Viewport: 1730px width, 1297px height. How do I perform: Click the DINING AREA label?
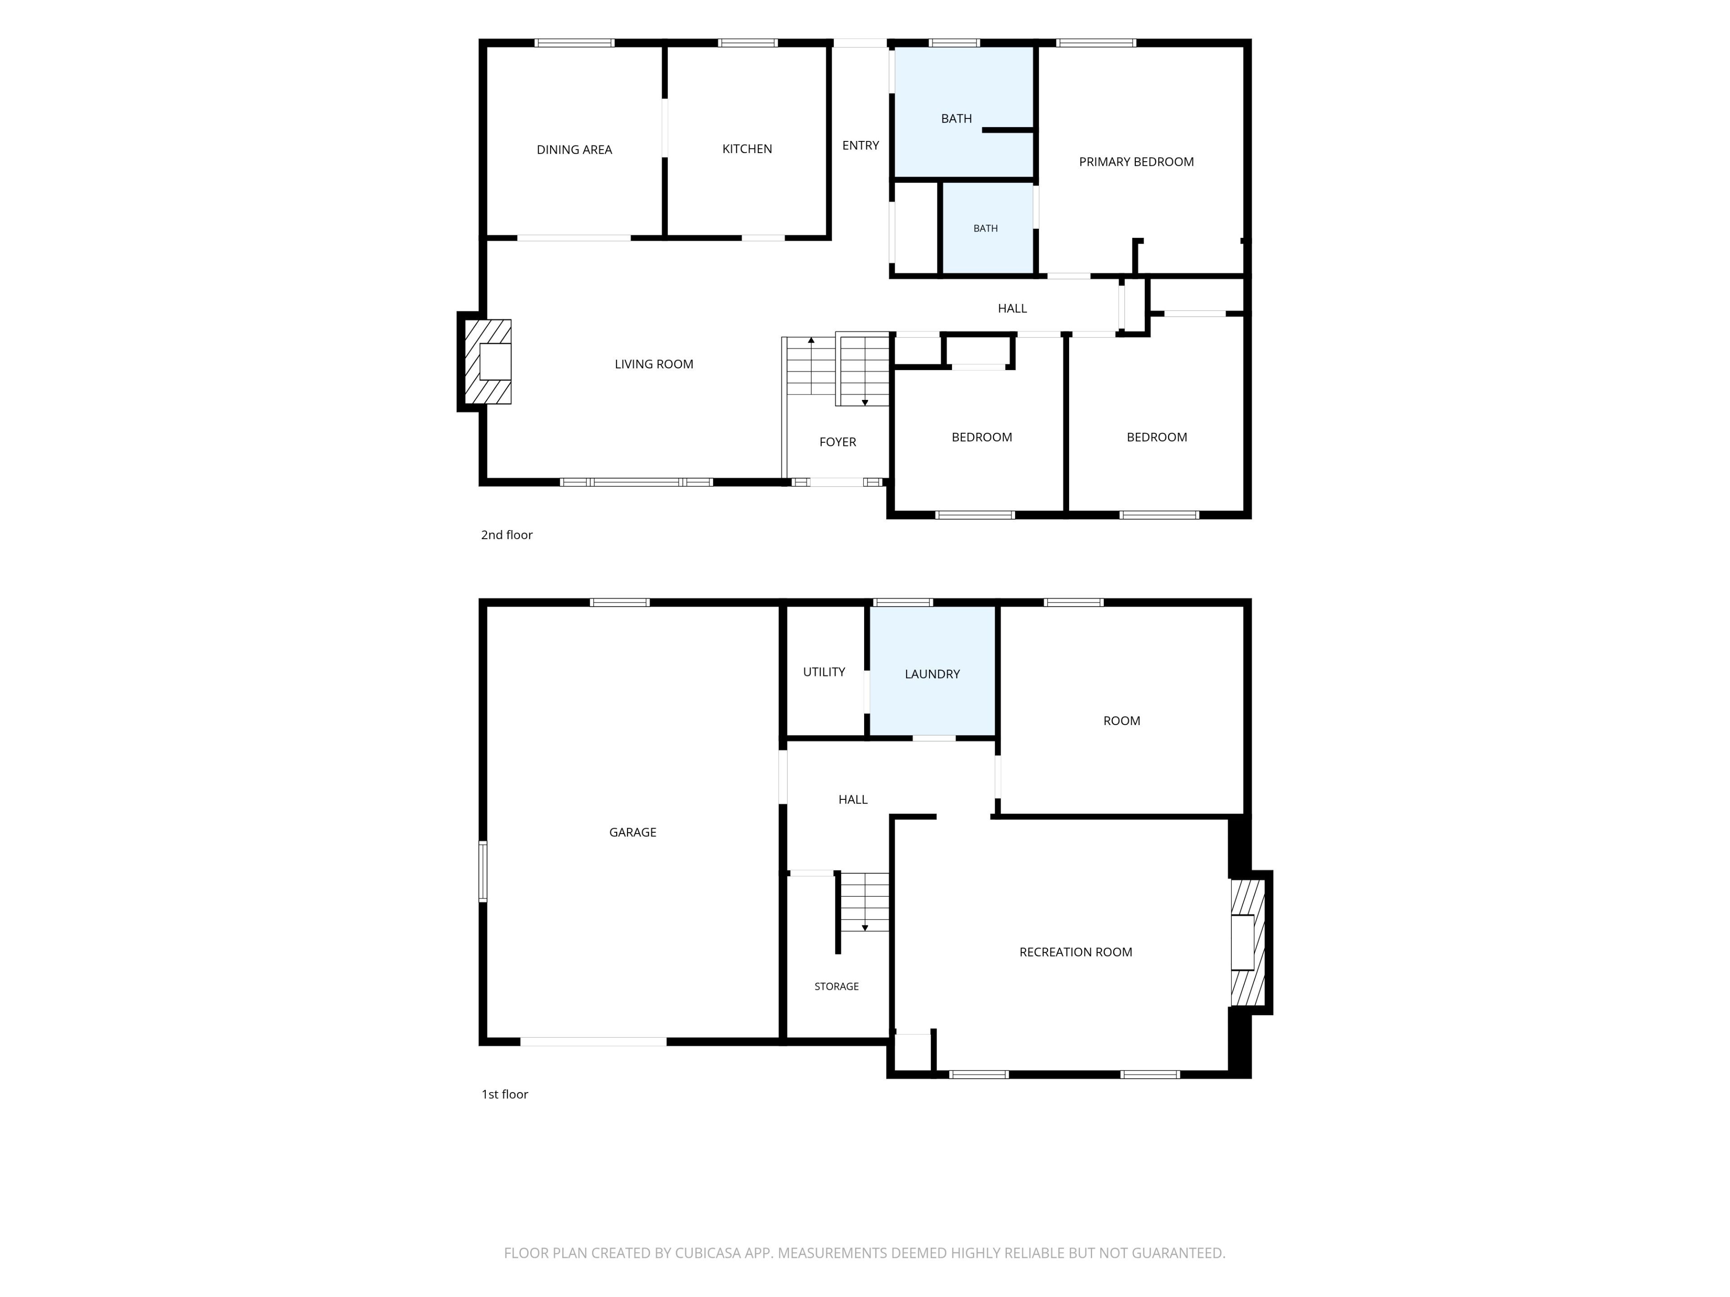pos(574,150)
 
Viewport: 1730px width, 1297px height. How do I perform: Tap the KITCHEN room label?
pos(747,149)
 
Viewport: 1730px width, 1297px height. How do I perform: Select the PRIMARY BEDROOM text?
pos(1136,162)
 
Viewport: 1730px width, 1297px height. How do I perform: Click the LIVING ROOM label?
pos(654,363)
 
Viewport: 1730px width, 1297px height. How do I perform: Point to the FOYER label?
pos(838,442)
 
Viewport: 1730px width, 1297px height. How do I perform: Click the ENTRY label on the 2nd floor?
pos(860,145)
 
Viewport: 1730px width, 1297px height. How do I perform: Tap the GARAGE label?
pos(633,832)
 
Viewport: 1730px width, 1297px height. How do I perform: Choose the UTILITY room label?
pos(824,671)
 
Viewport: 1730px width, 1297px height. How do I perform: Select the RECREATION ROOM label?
pos(1075,952)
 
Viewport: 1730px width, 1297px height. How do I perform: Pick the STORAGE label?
pos(836,987)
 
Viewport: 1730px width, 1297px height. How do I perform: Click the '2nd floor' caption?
pos(507,535)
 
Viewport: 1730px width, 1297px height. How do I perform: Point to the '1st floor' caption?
pos(505,1094)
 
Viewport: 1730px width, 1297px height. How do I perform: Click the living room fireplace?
pos(485,361)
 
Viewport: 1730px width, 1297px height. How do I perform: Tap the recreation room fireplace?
pos(1250,942)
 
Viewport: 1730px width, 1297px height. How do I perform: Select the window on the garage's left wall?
pos(483,872)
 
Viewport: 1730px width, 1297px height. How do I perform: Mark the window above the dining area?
pos(574,43)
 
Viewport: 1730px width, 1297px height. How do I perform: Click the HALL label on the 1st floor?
pos(852,799)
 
